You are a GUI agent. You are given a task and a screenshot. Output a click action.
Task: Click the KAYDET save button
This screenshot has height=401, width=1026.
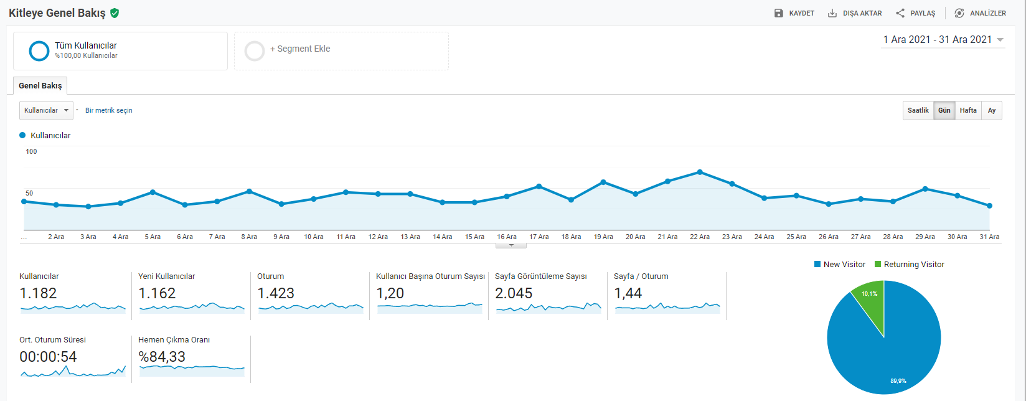pos(794,13)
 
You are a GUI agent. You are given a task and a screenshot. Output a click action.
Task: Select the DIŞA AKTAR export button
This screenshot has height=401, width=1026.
pos(855,13)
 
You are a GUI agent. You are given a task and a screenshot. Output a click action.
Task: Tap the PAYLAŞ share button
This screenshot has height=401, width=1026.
pos(915,13)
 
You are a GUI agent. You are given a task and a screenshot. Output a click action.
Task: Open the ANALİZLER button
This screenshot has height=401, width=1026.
pos(980,13)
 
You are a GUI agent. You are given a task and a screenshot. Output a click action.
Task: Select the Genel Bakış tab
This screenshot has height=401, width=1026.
pos(40,86)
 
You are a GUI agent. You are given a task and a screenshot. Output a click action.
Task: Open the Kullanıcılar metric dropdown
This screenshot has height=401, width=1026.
pos(46,110)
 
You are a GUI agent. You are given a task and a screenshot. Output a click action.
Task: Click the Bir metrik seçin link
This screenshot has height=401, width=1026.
pos(108,110)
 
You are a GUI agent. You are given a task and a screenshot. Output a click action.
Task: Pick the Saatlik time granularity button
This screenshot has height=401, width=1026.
pos(918,110)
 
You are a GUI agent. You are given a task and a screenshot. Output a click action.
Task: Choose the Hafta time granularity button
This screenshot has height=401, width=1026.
pos(968,110)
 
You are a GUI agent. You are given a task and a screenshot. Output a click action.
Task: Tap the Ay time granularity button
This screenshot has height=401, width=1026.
pos(992,110)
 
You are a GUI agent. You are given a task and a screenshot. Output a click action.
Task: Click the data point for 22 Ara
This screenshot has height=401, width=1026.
pos(700,172)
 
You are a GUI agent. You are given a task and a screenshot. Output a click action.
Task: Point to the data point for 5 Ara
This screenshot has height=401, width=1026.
pos(153,192)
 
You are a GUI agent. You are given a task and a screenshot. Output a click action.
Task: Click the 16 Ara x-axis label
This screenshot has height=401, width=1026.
pos(507,237)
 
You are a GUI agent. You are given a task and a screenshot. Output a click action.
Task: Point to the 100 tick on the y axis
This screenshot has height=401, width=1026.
pos(31,152)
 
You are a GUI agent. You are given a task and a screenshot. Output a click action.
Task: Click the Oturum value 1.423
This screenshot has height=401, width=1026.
pos(276,293)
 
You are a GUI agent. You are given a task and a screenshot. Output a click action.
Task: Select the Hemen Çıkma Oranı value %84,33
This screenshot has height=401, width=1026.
pos(162,357)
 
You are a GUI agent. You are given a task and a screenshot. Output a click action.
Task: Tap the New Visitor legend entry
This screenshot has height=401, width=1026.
pos(840,265)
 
